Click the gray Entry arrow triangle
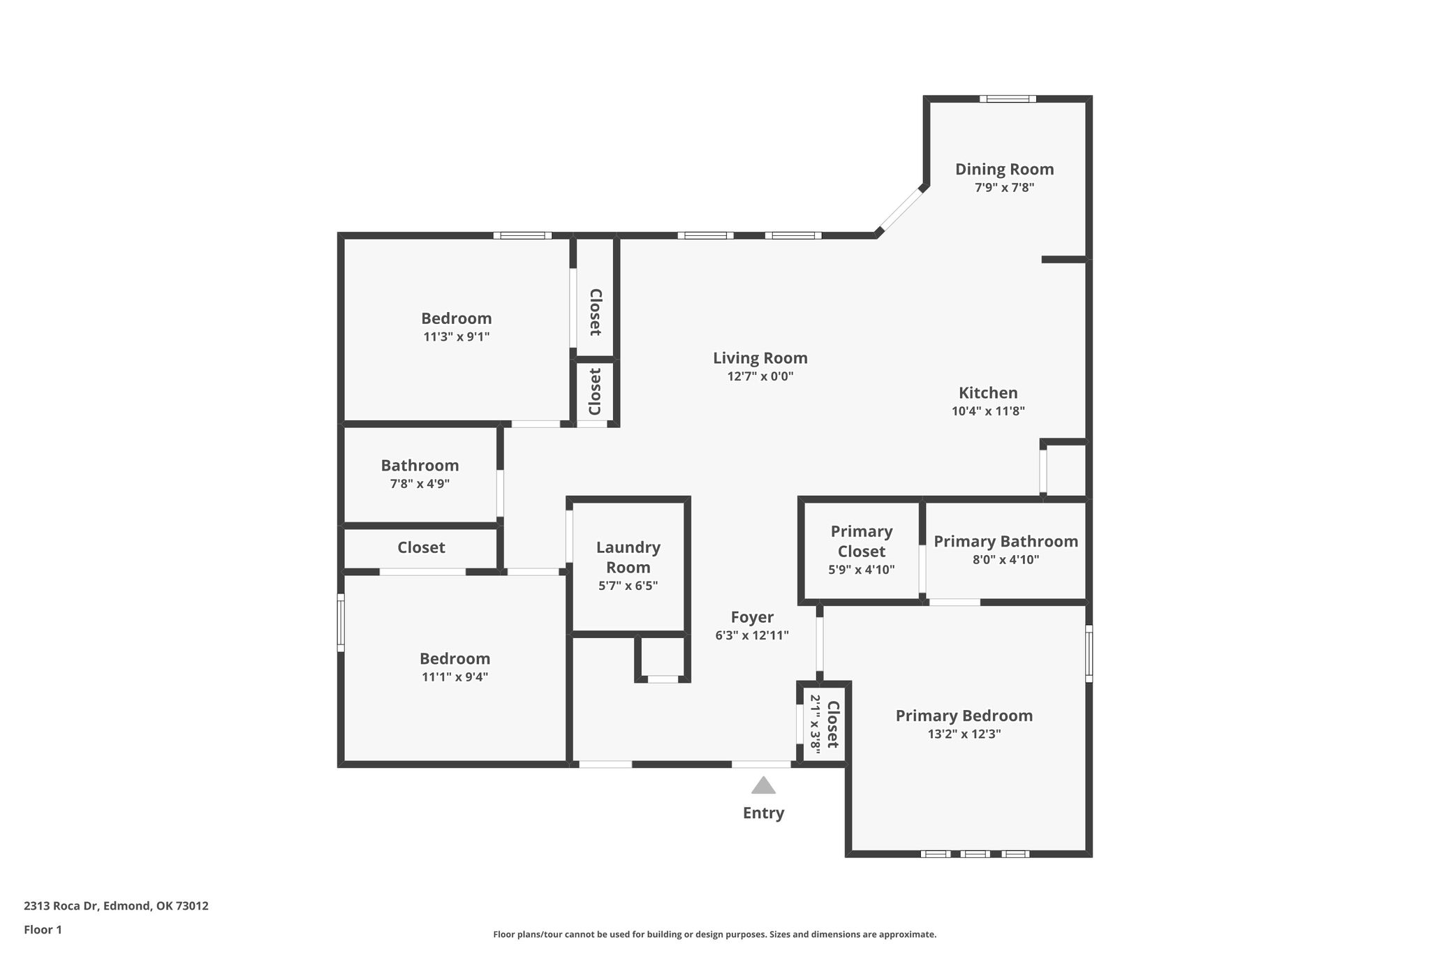(763, 785)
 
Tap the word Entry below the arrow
(763, 813)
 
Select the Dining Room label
(1004, 169)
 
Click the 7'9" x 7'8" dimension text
(1004, 187)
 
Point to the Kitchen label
(988, 392)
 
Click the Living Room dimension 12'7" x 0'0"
(760, 376)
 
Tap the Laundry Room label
(628, 557)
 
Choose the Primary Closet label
(862, 541)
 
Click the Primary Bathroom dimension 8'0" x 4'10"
(1006, 559)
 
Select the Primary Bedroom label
(964, 716)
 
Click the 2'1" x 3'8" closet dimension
(815, 722)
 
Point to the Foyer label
(752, 617)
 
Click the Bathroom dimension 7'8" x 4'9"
(420, 483)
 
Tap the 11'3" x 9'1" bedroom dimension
(457, 337)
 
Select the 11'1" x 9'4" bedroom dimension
(455, 677)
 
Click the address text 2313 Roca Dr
(62, 906)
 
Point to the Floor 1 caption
(43, 930)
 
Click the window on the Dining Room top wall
(1008, 98)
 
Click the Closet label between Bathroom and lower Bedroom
(421, 547)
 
